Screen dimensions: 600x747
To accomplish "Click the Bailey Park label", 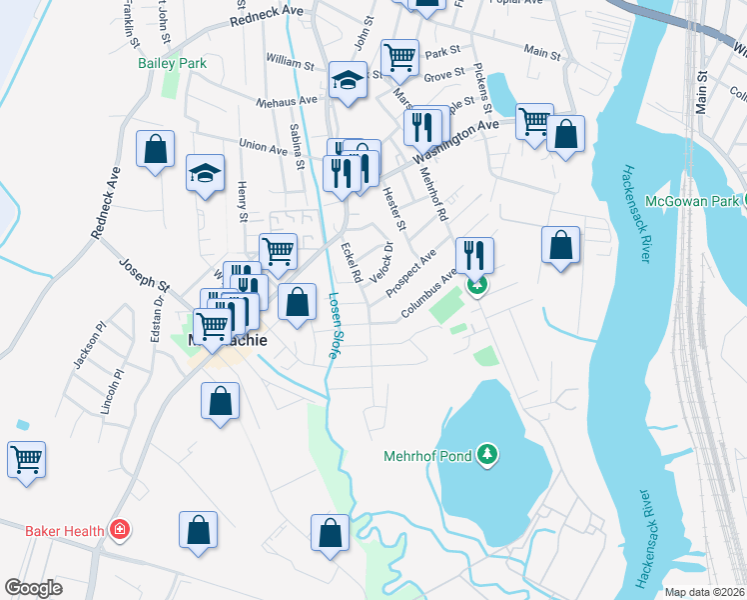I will [171, 63].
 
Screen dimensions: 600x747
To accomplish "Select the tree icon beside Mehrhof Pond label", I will [487, 456].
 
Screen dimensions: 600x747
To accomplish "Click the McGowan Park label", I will [691, 202].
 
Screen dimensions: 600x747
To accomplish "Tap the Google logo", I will [33, 588].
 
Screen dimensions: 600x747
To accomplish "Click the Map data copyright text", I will [705, 592].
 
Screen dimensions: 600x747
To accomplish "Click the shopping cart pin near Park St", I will [399, 57].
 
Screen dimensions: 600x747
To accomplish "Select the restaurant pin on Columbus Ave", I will [474, 255].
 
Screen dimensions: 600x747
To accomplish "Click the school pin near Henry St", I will [205, 174].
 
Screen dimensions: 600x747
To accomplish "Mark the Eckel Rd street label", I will [351, 261].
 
